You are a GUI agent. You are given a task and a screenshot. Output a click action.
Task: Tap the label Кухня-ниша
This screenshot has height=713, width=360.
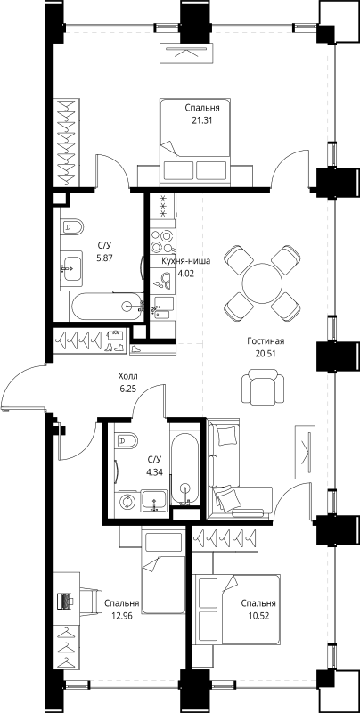185,261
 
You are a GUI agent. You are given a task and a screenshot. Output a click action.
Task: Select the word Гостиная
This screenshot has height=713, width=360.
266,341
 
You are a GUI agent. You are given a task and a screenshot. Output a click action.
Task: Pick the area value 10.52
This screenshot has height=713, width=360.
258,614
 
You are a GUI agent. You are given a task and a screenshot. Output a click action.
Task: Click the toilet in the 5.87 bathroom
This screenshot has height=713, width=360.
72,229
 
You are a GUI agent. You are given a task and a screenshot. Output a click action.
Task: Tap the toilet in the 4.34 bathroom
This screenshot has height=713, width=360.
126,439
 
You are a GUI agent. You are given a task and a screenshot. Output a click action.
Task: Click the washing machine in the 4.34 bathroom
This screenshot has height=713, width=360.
126,501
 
